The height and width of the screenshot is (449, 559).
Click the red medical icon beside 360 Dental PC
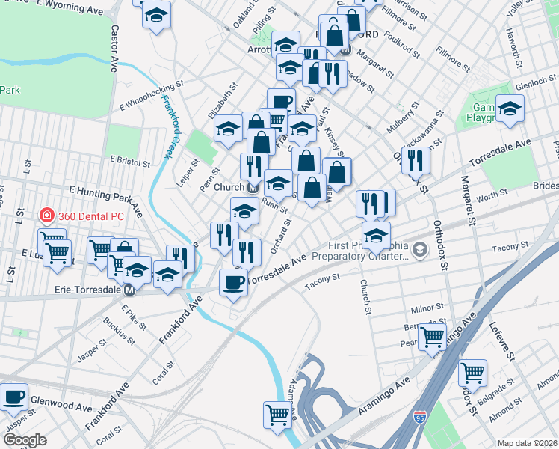tap(46, 215)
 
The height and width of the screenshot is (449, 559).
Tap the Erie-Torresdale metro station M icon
tap(129, 290)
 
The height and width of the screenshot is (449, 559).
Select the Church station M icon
tap(253, 187)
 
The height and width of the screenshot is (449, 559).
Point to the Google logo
tap(25, 440)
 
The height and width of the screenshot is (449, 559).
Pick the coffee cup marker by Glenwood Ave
tap(13, 397)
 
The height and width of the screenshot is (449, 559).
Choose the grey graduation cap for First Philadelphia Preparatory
tap(419, 248)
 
